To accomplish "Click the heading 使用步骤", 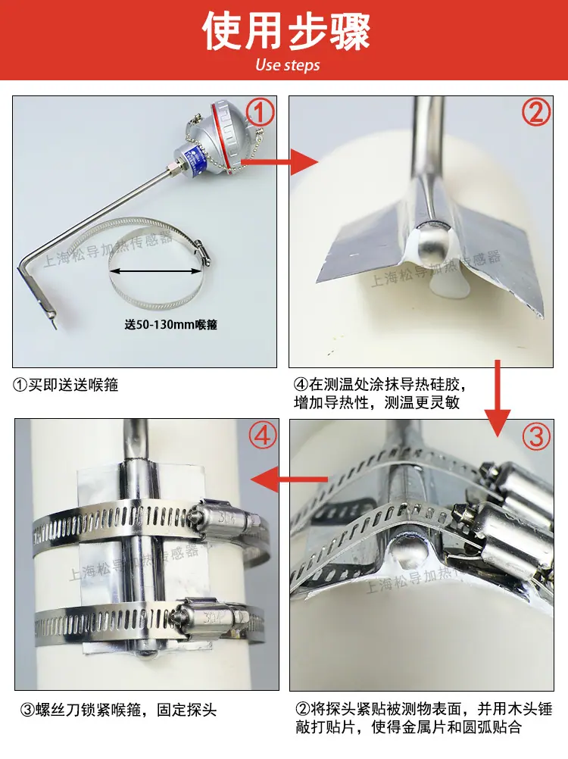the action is pos(286,32).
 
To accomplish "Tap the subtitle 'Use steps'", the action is pos(287,65).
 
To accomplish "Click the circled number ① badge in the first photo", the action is pos(260,112).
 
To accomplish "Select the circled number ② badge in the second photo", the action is pos(536,111).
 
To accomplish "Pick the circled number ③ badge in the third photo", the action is pos(536,436).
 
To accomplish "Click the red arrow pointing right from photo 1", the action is pos(279,161).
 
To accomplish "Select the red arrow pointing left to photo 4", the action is pos(289,479).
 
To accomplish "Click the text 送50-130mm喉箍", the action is pos(171,324).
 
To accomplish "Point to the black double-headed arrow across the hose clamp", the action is pos(156,271).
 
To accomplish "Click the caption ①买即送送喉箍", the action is pos(65,385).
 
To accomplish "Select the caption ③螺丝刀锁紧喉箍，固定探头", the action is pos(119,710).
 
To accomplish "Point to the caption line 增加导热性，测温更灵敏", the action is pos(377,402).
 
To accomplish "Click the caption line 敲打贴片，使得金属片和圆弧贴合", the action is pos(409,726).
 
